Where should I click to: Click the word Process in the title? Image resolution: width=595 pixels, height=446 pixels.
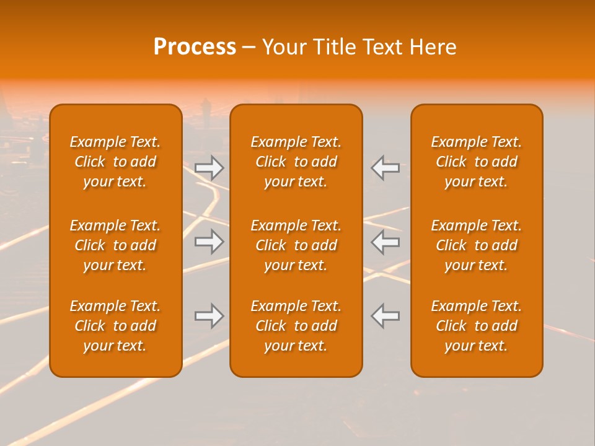click(195, 47)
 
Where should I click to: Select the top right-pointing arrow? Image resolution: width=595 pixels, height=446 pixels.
click(209, 167)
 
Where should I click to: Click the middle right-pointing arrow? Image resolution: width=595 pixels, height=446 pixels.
click(209, 242)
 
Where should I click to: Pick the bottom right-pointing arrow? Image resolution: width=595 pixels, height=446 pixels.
click(209, 316)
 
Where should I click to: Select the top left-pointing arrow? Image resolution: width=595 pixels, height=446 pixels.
click(386, 167)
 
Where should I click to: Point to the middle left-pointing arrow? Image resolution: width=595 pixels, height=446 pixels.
click(386, 242)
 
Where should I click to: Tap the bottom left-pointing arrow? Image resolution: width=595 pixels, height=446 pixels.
click(386, 316)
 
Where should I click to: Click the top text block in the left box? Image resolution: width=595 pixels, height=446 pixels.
click(115, 162)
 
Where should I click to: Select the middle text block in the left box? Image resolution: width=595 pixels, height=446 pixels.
click(115, 245)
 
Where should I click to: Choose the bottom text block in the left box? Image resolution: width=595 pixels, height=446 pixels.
click(115, 326)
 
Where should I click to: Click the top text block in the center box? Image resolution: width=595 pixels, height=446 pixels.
click(296, 162)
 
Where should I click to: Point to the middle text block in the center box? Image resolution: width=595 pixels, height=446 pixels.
click(296, 245)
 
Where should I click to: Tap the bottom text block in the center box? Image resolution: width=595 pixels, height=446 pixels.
click(296, 326)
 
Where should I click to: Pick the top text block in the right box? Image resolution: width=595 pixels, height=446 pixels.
click(477, 162)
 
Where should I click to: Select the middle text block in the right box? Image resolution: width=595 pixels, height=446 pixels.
click(477, 245)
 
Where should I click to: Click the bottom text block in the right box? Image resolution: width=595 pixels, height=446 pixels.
click(477, 326)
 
